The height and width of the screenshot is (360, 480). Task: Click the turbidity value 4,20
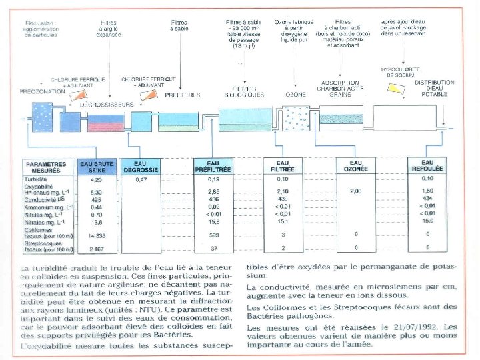pos(95,180)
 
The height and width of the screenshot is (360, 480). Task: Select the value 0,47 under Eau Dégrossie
pos(141,180)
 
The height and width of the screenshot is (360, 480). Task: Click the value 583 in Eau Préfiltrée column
pos(213,235)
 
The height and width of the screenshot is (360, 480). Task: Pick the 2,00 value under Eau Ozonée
pos(355,192)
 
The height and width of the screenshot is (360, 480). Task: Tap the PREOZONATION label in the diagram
pos(41,91)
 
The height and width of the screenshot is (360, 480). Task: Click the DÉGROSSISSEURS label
pos(107,105)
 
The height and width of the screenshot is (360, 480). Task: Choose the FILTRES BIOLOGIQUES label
pos(244,91)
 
